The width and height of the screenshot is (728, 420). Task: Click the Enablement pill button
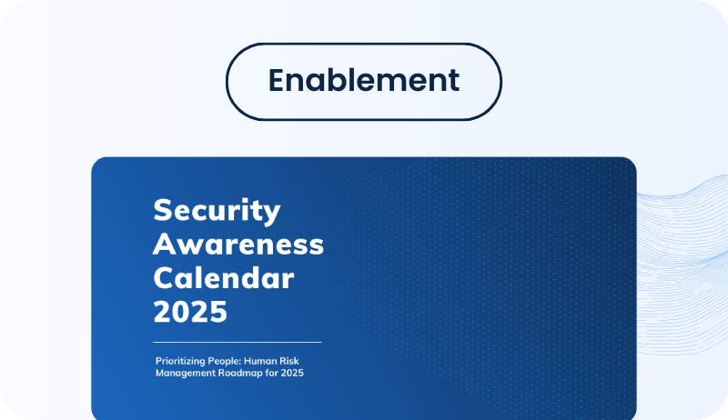[364, 80]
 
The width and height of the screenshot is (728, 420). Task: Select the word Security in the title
[217, 211]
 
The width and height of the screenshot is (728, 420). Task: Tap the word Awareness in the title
[238, 244]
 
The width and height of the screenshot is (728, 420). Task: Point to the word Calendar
[224, 277]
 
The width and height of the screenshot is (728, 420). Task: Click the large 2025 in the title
[189, 311]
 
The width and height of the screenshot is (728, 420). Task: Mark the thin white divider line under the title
[238, 343]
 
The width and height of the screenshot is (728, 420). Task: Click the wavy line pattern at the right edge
[682, 236]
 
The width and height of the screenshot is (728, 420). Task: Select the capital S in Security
[163, 211]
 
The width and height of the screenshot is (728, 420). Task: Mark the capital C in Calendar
[164, 277]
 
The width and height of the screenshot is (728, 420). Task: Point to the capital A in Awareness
[165, 244]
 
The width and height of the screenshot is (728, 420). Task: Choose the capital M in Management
[159, 374]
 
